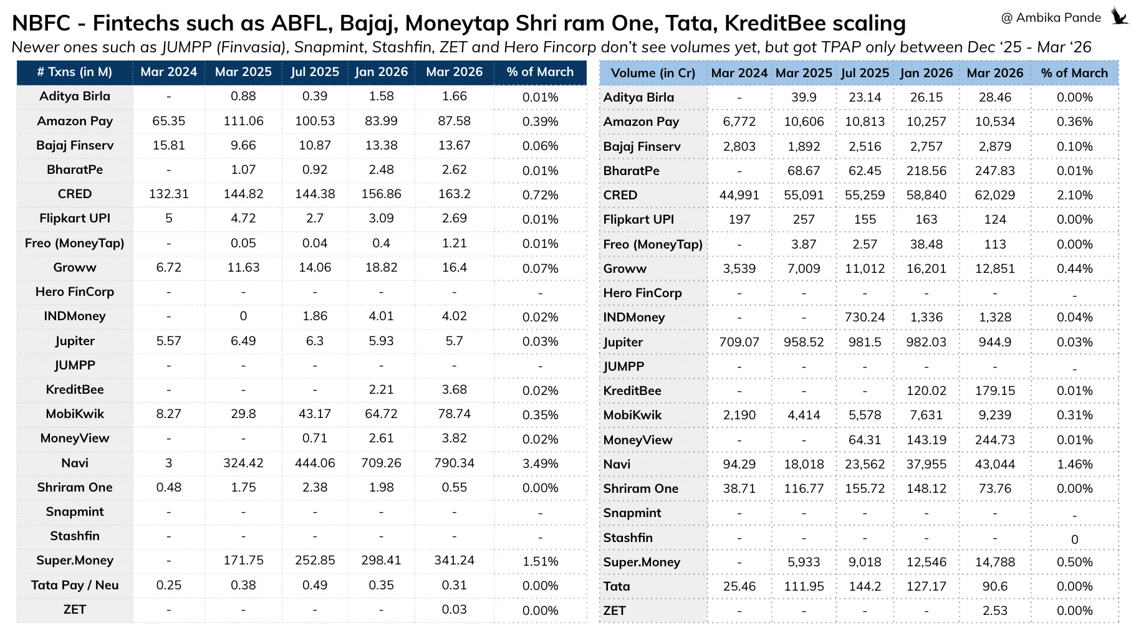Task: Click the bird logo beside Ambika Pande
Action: point(1119,16)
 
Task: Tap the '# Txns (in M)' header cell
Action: point(75,72)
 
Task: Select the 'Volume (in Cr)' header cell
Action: point(653,73)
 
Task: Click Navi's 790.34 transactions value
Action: point(454,463)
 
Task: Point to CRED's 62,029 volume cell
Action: point(995,195)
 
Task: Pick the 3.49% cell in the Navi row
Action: point(540,464)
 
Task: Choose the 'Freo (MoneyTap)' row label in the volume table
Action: point(653,244)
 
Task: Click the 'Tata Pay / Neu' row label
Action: point(75,585)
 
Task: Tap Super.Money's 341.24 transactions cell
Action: point(454,560)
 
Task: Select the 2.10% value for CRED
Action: point(1074,195)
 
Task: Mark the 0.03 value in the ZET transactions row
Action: point(454,609)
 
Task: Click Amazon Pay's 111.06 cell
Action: point(243,121)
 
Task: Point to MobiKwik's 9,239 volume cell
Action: point(995,415)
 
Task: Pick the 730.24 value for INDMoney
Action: point(865,317)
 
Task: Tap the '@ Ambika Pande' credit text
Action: point(1051,17)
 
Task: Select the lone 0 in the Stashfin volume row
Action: point(1074,540)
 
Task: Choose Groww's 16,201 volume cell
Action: point(926,269)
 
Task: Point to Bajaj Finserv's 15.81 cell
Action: point(168,145)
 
